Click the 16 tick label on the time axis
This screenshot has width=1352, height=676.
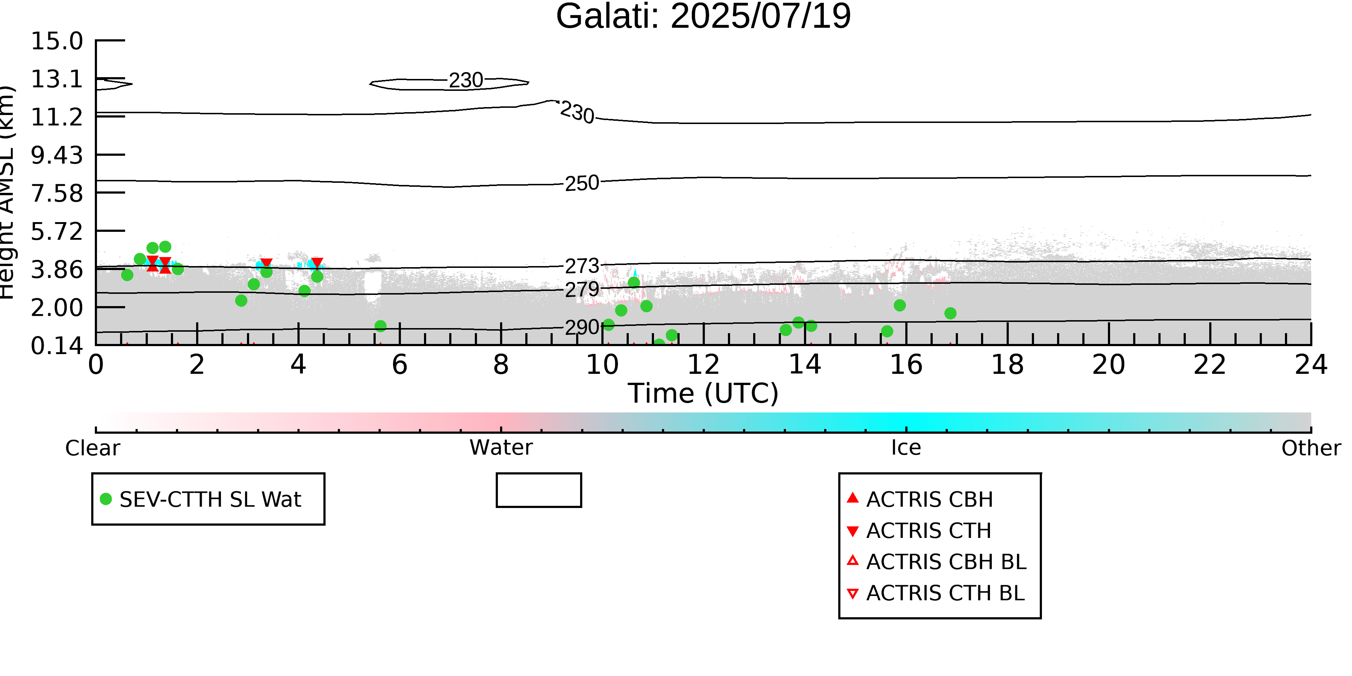pyautogui.click(x=906, y=365)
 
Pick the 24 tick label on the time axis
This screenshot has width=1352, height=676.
pyautogui.click(x=1311, y=365)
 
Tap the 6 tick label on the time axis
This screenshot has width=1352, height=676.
pyautogui.click(x=399, y=365)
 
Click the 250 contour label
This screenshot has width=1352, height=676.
pyautogui.click(x=582, y=183)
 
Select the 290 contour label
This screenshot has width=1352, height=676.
pyautogui.click(x=582, y=327)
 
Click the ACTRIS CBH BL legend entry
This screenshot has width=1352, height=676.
pyautogui.click(x=937, y=562)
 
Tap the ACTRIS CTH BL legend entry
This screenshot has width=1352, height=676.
pyautogui.click(x=936, y=593)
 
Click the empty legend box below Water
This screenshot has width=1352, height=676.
pyautogui.click(x=539, y=474)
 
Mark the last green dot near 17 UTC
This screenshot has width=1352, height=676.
pyautogui.click(x=950, y=313)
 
